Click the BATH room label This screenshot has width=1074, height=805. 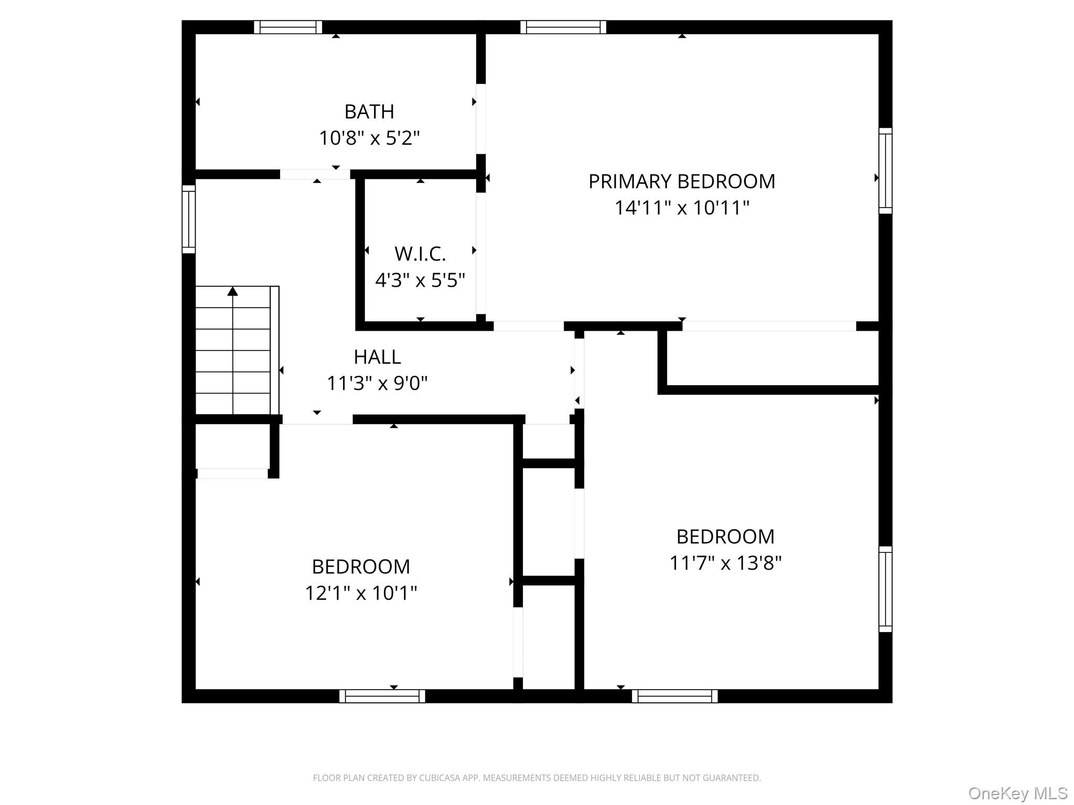(x=369, y=112)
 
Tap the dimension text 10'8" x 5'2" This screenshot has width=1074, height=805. (x=369, y=138)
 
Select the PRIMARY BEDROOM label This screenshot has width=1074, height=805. (x=682, y=181)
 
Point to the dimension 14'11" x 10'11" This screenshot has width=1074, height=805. (x=682, y=208)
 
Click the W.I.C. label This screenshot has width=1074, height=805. (x=420, y=254)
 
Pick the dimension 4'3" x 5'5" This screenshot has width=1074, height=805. (x=420, y=280)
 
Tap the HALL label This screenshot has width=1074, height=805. (x=377, y=357)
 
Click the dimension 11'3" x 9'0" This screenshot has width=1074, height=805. (x=377, y=384)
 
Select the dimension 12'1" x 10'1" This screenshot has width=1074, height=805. (x=361, y=593)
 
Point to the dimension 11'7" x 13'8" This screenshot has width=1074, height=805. (x=725, y=563)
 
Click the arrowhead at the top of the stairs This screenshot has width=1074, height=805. (x=233, y=291)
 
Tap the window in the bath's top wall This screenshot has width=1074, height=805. (x=288, y=27)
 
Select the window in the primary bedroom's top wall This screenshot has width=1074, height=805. (x=563, y=27)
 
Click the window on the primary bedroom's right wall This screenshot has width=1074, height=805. (x=885, y=171)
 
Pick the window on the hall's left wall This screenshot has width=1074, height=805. (x=189, y=219)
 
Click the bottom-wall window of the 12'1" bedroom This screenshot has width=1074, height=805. (x=382, y=696)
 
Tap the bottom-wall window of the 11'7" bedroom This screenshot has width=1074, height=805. (x=674, y=696)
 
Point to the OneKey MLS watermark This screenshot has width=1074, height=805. (x=1018, y=793)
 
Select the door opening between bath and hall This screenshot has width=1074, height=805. (x=315, y=175)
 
